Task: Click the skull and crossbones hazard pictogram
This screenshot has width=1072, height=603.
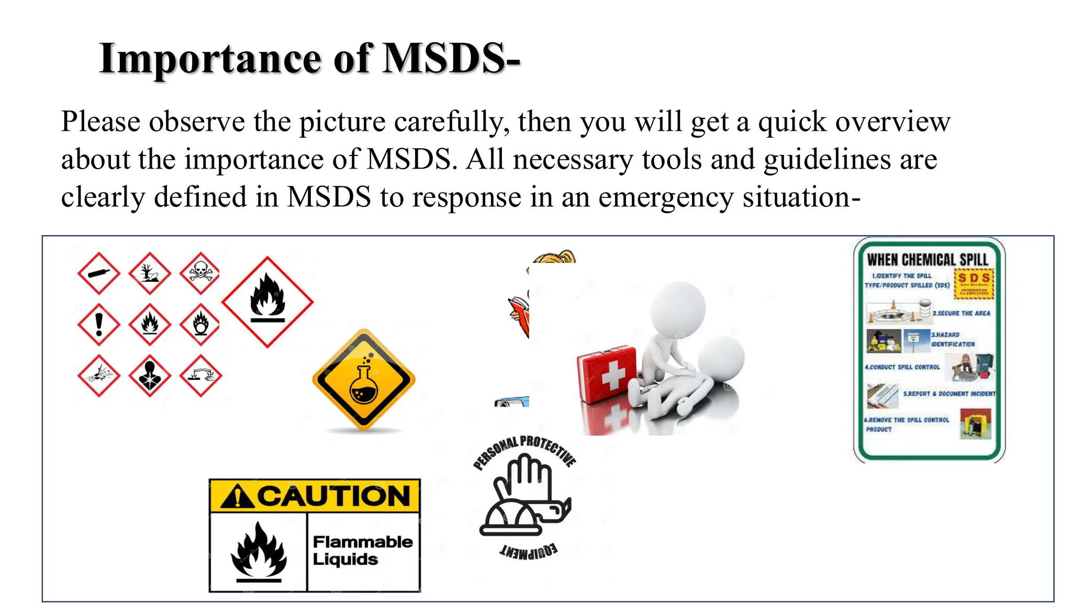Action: point(200,273)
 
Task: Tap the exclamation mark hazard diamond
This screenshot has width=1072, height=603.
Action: point(99,324)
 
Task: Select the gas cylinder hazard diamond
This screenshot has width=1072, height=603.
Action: point(99,273)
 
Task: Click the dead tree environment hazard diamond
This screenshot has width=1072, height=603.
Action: point(150,273)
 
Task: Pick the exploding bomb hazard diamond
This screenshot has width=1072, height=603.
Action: point(99,375)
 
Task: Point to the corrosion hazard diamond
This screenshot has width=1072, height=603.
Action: point(200,375)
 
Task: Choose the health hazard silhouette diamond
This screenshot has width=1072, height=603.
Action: point(150,375)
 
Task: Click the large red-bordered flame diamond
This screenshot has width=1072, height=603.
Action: point(267,302)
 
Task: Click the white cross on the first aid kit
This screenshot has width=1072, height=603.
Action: point(613,375)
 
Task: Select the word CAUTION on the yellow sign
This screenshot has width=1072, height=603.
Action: point(333,496)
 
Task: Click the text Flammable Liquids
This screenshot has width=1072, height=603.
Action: point(362,550)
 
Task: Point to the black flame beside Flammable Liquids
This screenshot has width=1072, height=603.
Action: point(259,552)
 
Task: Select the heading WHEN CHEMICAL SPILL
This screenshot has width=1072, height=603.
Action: point(928,260)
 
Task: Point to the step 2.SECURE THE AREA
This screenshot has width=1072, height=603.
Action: point(961,313)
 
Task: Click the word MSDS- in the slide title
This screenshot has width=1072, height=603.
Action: point(451,58)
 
